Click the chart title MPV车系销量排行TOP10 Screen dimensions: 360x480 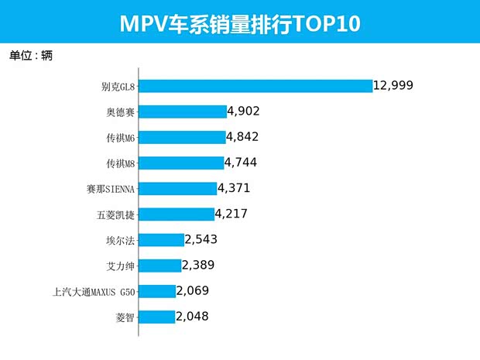click(240, 23)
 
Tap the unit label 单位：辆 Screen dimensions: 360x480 click(31, 56)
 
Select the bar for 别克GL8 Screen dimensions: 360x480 click(255, 86)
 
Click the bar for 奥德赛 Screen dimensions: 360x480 click(183, 111)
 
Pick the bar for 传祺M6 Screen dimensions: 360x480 click(182, 137)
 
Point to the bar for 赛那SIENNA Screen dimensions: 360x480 click(178, 188)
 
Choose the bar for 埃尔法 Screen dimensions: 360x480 click(162, 240)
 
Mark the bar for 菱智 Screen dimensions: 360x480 click(157, 317)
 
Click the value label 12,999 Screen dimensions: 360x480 click(398, 85)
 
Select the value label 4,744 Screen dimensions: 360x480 click(240, 163)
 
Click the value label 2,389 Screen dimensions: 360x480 click(198, 265)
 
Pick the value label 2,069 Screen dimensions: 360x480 click(193, 290)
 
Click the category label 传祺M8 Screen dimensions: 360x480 click(121, 163)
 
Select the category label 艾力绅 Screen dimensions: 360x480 click(121, 266)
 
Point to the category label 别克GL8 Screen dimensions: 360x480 click(118, 87)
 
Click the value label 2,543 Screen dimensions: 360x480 click(201, 239)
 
